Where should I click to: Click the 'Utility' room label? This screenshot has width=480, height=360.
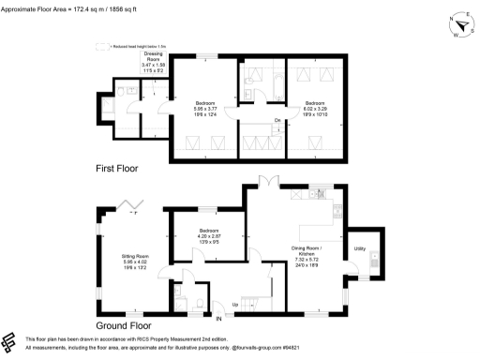[x=359, y=248]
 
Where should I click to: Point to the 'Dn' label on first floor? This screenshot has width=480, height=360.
[x=277, y=120]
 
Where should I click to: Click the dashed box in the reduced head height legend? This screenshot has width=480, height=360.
[x=102, y=45]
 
